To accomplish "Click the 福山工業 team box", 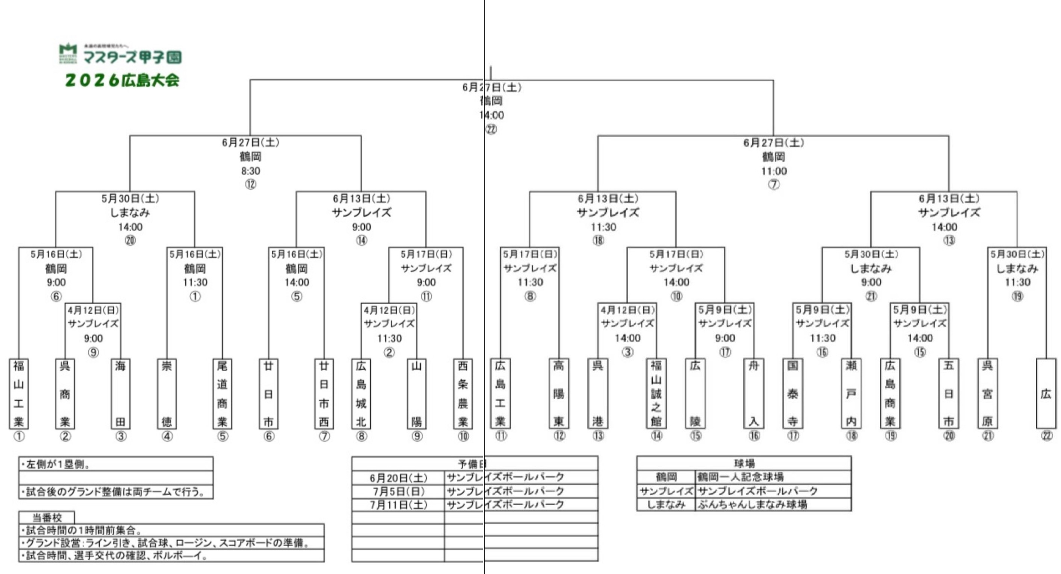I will click(x=18, y=393).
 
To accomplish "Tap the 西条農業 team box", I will click(x=462, y=393).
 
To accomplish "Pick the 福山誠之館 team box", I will click(x=656, y=393).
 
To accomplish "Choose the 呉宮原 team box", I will click(x=987, y=393).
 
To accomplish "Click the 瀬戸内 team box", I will click(x=851, y=393).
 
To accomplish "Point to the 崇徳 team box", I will click(x=167, y=393).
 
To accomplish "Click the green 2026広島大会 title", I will click(x=122, y=80).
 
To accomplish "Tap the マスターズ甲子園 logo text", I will click(x=132, y=57).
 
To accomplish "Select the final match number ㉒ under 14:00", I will click(x=491, y=129).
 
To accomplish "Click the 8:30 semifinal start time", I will click(x=250, y=171).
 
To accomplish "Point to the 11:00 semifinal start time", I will click(x=773, y=171).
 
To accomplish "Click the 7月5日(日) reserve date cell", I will click(x=398, y=492).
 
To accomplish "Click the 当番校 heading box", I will click(x=47, y=518).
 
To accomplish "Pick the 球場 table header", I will click(x=744, y=463).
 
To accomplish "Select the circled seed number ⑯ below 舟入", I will click(x=754, y=436).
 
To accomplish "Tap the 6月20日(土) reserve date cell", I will click(x=398, y=478).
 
